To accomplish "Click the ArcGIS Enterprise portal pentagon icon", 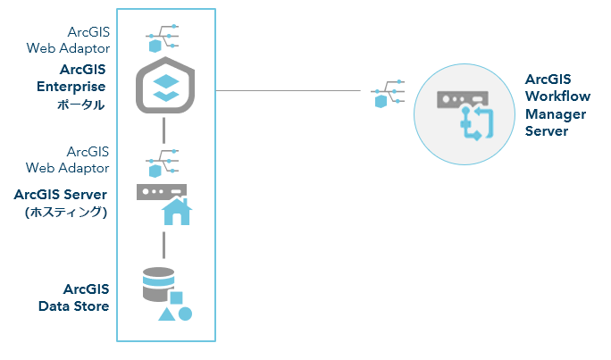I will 164,88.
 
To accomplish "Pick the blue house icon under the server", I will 176,212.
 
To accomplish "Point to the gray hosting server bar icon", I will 161,191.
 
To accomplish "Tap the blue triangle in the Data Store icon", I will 166,314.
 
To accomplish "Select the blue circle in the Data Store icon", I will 185,314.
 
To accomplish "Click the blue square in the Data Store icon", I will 177,297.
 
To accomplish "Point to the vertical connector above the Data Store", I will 164,244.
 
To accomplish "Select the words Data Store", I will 73,306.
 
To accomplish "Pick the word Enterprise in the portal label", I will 71,87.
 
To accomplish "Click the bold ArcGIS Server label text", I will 61,194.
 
